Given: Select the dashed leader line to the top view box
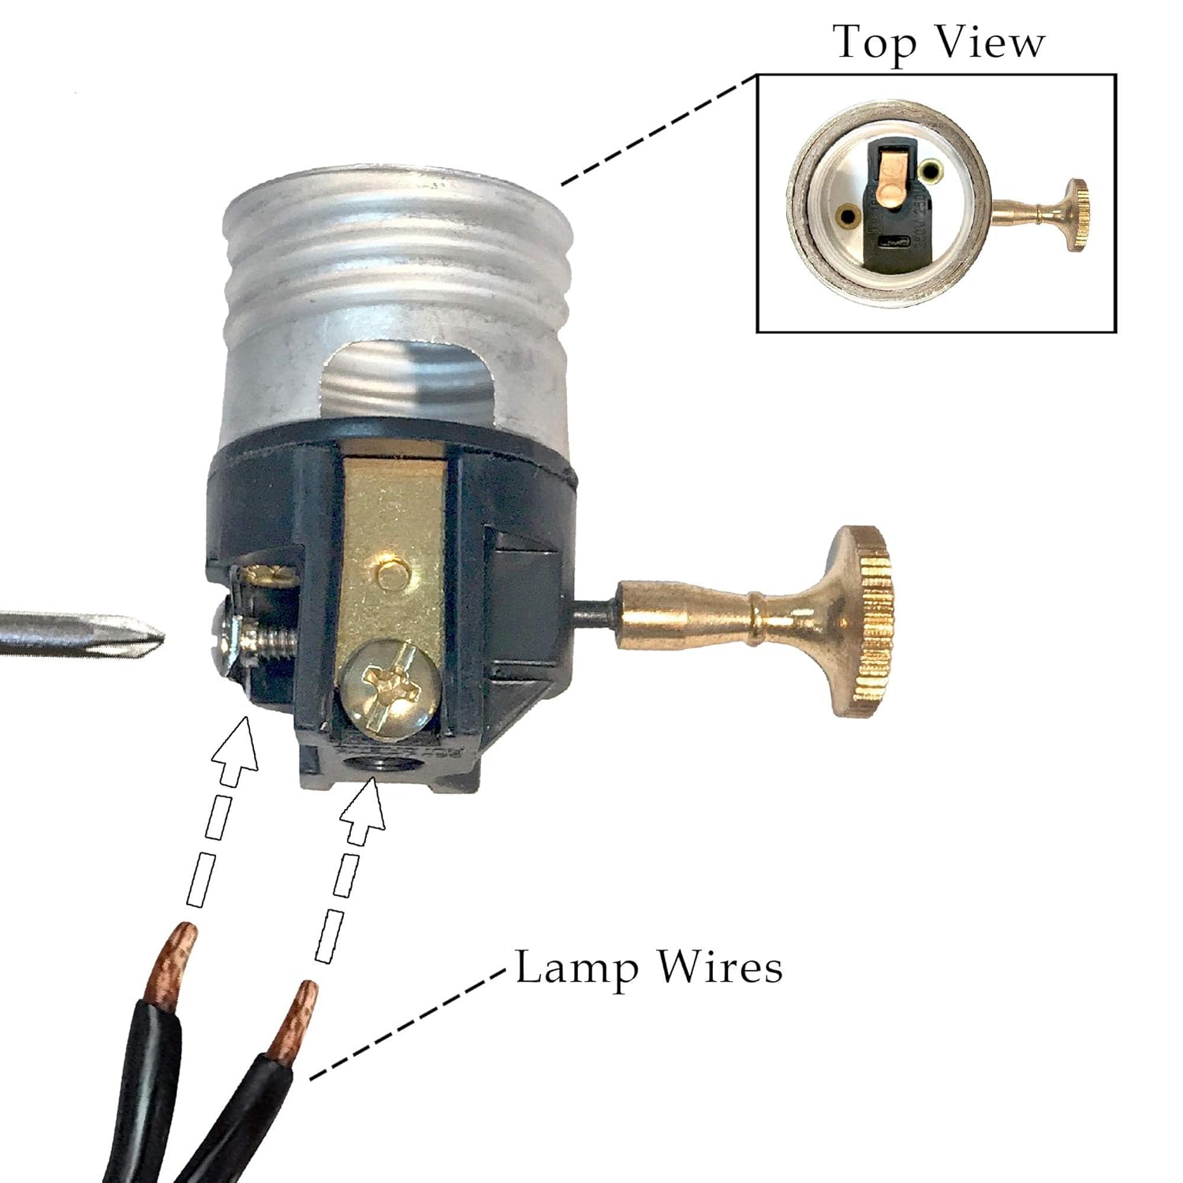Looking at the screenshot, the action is (x=659, y=130).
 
